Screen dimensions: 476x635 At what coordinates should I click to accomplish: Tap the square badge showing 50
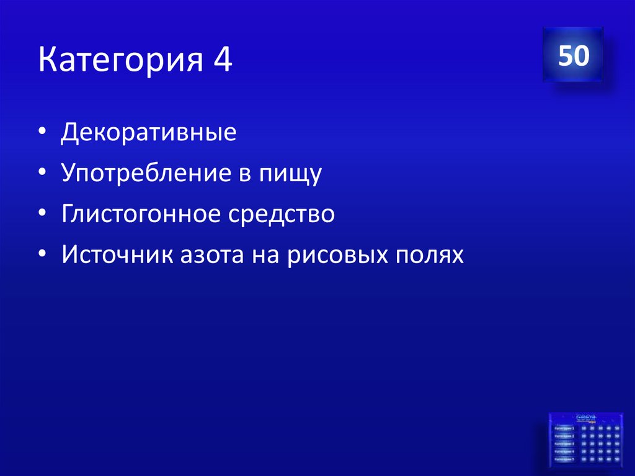click(573, 56)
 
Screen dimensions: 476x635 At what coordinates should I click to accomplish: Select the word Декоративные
click(148, 133)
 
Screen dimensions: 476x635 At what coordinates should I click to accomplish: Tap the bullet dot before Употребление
click(42, 175)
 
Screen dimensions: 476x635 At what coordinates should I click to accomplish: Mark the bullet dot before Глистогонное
click(42, 215)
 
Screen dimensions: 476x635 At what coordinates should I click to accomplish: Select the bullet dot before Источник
click(42, 256)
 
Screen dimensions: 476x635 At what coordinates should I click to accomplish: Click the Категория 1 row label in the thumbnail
click(564, 428)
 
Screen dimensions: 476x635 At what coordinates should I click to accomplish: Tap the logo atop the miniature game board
click(585, 418)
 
